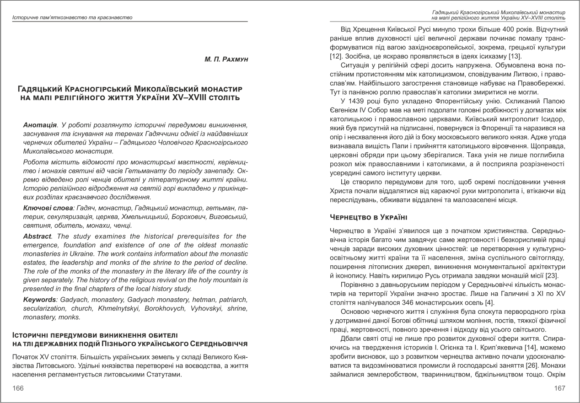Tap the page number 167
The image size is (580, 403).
(x=559, y=388)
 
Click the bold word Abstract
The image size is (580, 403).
(x=38, y=236)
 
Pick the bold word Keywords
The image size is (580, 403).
(x=39, y=300)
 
